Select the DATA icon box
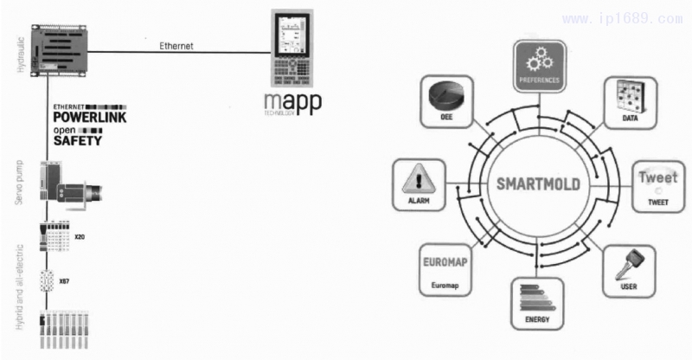tap(629, 100)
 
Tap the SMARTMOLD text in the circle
tap(538, 184)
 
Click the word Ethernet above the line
tap(176, 46)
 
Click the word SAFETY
tap(78, 139)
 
